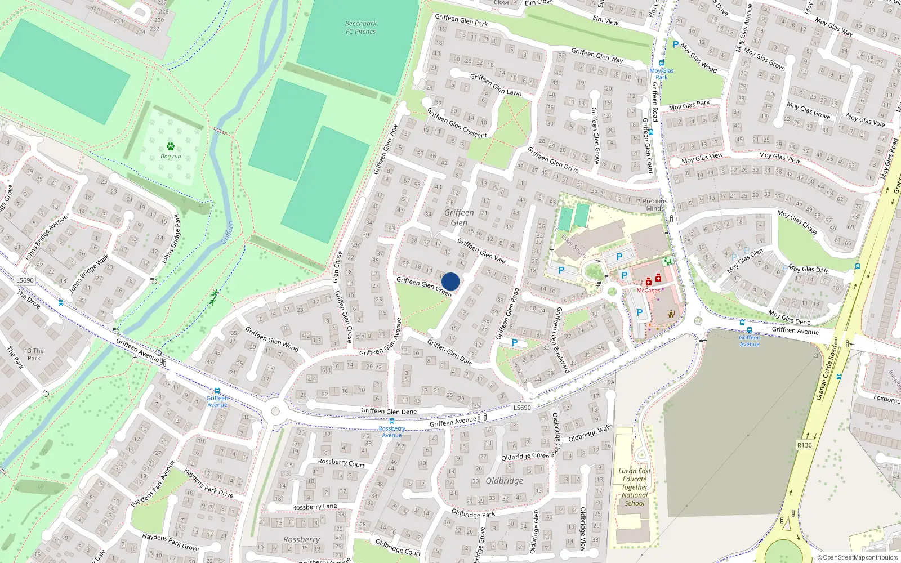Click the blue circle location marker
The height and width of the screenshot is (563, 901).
click(450, 281)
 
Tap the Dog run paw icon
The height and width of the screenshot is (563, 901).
click(170, 146)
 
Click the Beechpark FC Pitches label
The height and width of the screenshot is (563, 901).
click(360, 28)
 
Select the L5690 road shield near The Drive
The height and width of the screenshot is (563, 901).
click(25, 280)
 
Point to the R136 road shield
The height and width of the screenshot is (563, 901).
click(805, 445)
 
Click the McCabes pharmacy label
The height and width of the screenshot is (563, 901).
click(648, 291)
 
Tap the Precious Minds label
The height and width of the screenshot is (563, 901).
click(655, 204)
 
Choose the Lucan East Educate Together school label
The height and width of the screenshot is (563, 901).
click(635, 487)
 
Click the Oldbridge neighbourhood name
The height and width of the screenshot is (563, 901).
click(505, 481)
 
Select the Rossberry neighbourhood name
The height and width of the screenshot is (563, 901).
click(302, 539)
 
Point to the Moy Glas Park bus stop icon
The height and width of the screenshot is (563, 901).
click(662, 63)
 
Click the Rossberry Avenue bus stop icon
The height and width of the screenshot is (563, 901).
click(392, 421)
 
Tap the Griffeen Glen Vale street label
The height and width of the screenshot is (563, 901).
click(481, 251)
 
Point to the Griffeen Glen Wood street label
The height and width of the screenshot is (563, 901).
click(272, 339)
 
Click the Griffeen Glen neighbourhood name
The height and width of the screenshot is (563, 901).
click(459, 217)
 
